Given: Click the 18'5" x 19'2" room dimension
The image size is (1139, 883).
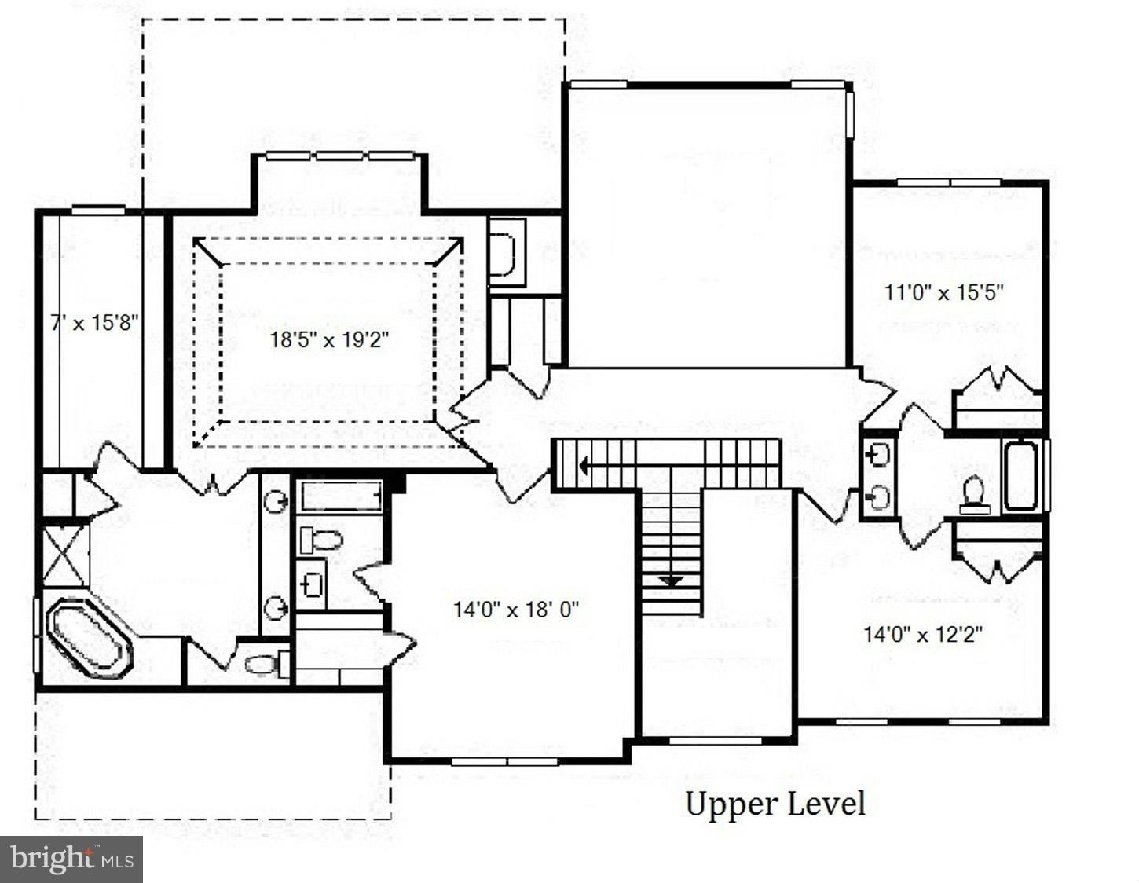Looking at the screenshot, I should (x=330, y=340).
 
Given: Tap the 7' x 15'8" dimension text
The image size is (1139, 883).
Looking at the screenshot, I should (x=95, y=322).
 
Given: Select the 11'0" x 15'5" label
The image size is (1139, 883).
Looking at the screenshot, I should (x=944, y=293).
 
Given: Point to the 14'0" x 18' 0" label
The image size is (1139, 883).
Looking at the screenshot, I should (x=516, y=609).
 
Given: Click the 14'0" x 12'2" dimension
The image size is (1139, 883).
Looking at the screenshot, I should (x=923, y=634).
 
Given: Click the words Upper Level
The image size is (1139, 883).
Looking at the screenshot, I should (x=775, y=804).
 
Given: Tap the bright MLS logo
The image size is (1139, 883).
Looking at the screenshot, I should (x=71, y=859).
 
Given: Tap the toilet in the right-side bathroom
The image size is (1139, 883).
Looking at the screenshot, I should (x=975, y=494).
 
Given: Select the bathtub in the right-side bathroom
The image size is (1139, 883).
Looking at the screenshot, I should (x=1021, y=476).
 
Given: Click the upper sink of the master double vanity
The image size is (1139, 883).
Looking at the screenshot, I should (x=276, y=501).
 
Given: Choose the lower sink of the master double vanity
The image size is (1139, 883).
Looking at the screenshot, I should (x=276, y=606).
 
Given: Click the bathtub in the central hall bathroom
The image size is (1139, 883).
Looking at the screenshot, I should (x=341, y=496).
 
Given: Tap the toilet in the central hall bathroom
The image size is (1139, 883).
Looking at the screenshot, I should (x=322, y=540).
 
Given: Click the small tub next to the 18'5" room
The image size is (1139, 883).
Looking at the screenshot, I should (x=504, y=252).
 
